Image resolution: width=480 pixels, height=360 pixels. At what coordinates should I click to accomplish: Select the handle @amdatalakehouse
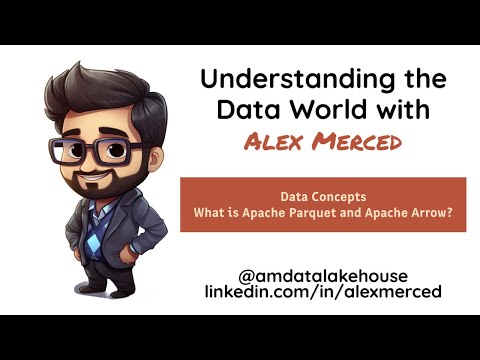tap(322, 273)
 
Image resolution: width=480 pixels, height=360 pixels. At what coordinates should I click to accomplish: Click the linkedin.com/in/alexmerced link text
tap(322, 291)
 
